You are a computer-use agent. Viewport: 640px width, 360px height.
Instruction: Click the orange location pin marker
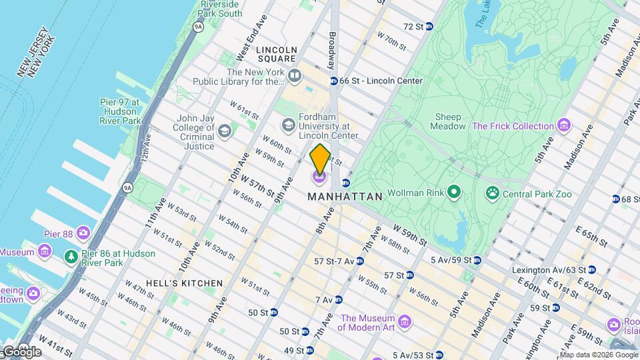click(320, 159)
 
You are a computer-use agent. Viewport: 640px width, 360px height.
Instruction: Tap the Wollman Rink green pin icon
click(455, 193)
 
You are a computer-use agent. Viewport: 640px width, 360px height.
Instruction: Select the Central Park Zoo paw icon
click(493, 193)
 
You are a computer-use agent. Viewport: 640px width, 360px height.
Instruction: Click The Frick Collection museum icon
click(565, 125)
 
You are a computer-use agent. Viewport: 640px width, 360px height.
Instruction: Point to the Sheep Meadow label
click(447, 121)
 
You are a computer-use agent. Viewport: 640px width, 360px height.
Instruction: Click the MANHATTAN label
click(345, 197)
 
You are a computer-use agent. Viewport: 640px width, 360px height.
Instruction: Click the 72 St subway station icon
click(429, 27)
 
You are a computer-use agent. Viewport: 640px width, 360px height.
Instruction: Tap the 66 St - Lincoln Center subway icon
click(333, 81)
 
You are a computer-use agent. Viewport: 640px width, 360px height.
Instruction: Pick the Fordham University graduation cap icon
click(288, 125)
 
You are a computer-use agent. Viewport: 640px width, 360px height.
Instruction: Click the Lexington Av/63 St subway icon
click(591, 270)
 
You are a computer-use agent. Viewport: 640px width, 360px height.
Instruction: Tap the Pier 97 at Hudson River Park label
click(120, 111)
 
